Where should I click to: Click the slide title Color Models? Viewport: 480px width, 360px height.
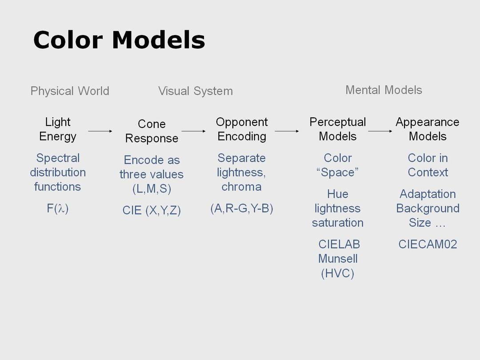(x=119, y=40)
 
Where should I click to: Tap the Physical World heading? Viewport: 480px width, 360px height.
(x=70, y=91)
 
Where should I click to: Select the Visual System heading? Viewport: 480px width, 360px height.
(x=195, y=91)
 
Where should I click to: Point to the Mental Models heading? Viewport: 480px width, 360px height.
(x=384, y=90)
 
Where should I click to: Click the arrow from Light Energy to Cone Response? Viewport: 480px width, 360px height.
(x=100, y=131)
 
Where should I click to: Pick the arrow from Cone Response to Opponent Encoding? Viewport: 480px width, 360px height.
(x=193, y=131)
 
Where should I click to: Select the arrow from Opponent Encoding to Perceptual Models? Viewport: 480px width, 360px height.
(x=287, y=131)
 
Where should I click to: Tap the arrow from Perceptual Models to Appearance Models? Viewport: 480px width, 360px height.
(x=380, y=131)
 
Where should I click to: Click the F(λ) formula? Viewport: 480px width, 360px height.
(x=57, y=208)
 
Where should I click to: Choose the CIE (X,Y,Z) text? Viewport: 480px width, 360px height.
(x=152, y=210)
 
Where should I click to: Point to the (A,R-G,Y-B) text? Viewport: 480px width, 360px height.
(x=241, y=208)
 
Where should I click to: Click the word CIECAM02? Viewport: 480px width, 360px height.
(x=428, y=244)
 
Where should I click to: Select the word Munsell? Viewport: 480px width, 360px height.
(x=338, y=259)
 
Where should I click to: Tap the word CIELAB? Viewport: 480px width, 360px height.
(x=339, y=244)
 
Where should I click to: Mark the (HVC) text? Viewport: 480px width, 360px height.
(x=337, y=273)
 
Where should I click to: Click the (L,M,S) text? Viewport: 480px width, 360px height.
(x=152, y=188)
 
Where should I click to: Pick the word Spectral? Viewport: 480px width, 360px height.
(x=58, y=158)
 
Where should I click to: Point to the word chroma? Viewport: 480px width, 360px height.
(x=241, y=187)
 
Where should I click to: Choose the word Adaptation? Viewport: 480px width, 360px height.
(x=428, y=194)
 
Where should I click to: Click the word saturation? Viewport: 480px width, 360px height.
(x=338, y=223)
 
